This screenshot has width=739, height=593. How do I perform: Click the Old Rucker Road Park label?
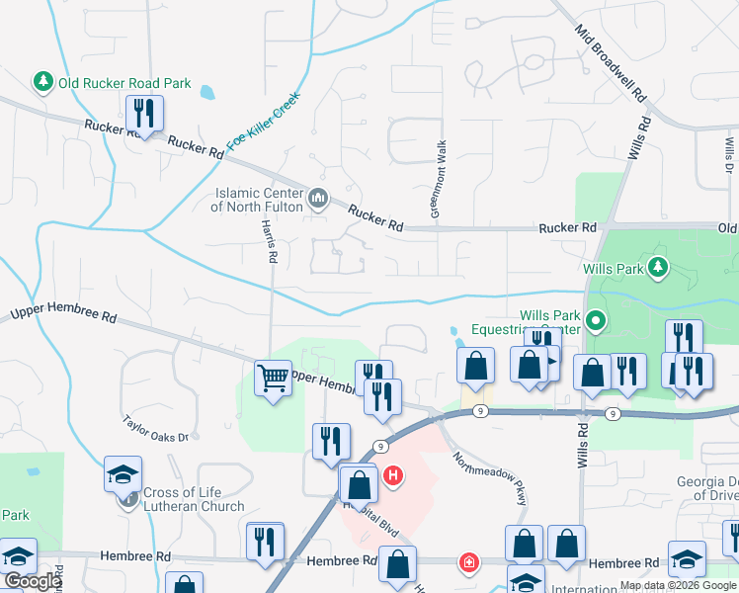click(124, 84)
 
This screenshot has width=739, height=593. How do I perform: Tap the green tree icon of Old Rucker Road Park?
click(42, 81)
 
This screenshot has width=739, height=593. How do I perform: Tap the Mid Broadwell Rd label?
click(612, 66)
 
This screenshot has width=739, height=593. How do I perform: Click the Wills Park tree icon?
click(657, 267)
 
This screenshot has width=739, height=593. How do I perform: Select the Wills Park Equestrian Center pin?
click(595, 321)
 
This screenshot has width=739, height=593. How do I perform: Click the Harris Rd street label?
click(267, 240)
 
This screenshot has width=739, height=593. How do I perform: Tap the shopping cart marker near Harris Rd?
click(272, 376)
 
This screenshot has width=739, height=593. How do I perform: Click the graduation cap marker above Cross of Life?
click(123, 473)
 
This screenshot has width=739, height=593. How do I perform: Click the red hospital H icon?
click(394, 478)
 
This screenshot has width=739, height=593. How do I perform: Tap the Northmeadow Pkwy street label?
click(491, 478)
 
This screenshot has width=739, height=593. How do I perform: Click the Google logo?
click(33, 581)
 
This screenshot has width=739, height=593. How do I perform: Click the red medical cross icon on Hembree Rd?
click(467, 563)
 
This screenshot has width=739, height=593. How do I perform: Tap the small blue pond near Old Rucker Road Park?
click(207, 94)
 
